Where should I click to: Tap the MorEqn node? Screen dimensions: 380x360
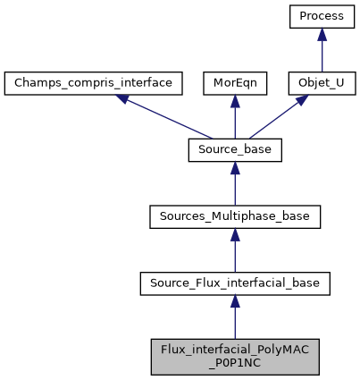pos(235,84)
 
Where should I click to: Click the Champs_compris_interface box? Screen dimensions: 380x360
pos(94,84)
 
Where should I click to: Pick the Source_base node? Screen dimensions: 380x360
pos(235,150)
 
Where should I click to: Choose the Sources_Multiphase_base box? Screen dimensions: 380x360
pos(235,217)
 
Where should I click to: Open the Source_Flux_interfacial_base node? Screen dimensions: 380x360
pos(235,284)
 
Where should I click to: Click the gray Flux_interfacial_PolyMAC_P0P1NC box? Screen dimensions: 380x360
pos(235,357)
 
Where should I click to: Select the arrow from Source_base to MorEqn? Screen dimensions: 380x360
pos(235,120)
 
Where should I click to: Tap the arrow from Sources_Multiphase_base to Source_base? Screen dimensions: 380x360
pos(235,186)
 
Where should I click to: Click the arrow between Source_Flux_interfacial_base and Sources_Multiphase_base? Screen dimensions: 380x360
pos(235,253)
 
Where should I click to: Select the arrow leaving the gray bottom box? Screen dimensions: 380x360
pos(235,322)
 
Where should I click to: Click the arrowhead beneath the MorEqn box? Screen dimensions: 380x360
pos(235,103)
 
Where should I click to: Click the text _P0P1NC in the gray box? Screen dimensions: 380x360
pos(235,364)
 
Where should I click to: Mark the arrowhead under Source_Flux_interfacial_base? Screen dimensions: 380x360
pos(235,304)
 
